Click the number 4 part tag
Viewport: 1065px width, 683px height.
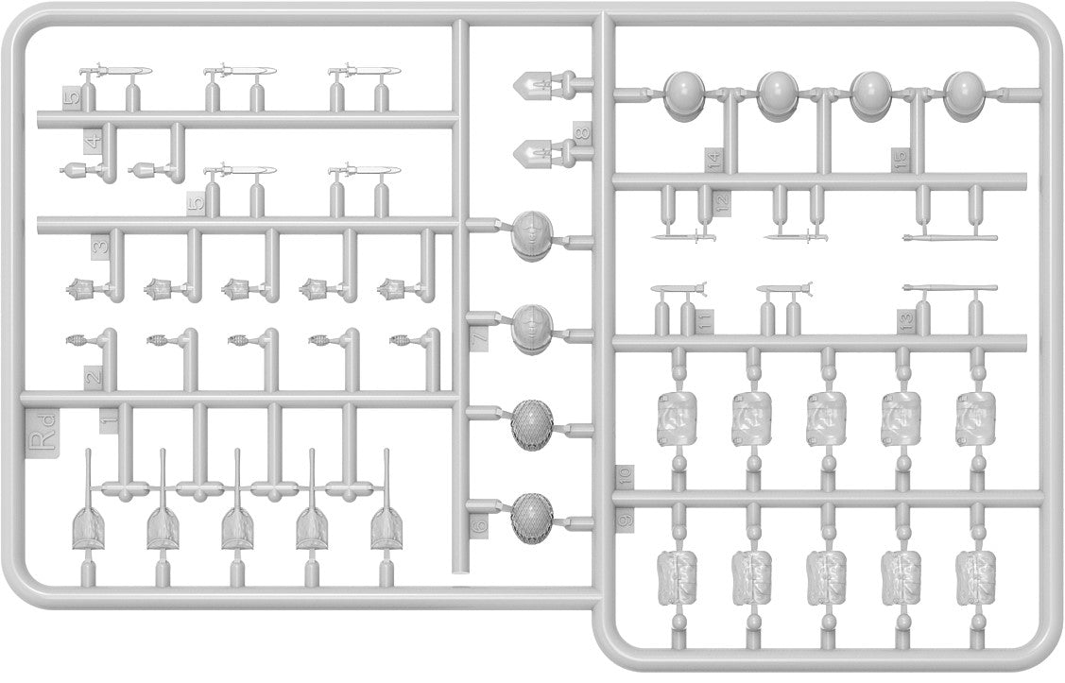[x=92, y=142]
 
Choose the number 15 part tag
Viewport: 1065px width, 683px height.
[x=900, y=159]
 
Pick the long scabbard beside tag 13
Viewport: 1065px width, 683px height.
[x=951, y=287]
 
